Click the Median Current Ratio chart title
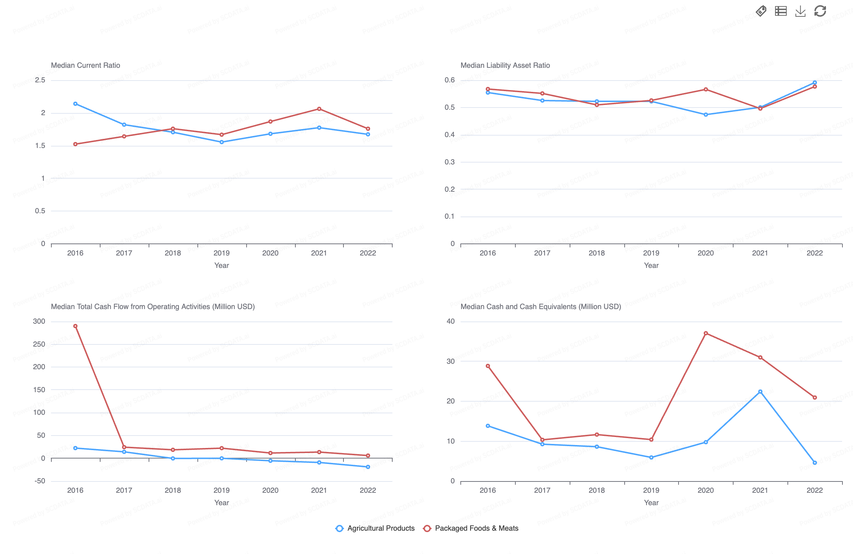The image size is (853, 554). pos(85,65)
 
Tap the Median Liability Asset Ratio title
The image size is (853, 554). pos(505,65)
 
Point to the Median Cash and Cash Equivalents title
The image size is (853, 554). pos(541,307)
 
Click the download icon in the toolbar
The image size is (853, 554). pos(800,11)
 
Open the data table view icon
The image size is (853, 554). pos(781,11)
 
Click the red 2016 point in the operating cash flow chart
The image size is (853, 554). pos(75,326)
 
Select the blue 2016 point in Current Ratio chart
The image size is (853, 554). pos(75,104)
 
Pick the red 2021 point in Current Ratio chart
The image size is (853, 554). pos(319,109)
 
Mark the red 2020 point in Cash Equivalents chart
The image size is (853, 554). pos(705,333)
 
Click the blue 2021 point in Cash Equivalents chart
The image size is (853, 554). pos(760,392)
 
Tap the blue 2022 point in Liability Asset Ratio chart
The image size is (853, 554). pos(815,83)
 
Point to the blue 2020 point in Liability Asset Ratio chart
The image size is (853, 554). pos(705,115)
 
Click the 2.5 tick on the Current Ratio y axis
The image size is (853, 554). pos(40,80)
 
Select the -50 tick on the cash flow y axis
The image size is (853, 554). pos(40,481)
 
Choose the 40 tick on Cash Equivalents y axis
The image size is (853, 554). pos(451,321)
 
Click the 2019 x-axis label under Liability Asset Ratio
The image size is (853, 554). pos(651,253)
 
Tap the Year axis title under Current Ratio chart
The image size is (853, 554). pos(221,265)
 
